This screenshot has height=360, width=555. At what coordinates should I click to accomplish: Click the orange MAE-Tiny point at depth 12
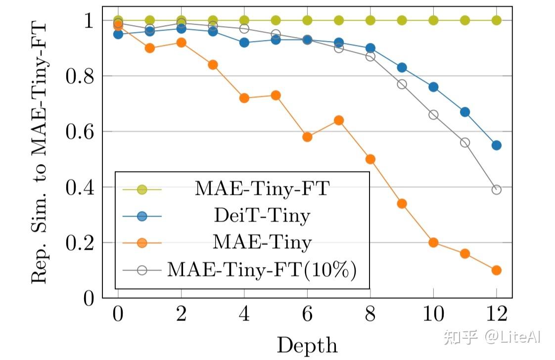coord(497,270)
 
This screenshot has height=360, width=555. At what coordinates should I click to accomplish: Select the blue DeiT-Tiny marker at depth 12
coord(497,145)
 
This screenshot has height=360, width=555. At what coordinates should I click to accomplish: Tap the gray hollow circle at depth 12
coord(497,190)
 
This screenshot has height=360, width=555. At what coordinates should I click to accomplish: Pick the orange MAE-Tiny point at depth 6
coord(307,137)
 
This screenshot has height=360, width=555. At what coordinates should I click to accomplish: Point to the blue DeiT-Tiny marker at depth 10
coord(433,87)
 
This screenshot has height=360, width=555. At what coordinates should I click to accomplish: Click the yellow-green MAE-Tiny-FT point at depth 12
coord(497,20)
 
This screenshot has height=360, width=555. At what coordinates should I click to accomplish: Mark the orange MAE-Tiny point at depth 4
coord(244,98)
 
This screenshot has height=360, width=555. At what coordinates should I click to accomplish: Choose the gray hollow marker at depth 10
coord(433,115)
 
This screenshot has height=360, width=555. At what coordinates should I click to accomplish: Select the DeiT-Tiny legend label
coord(262,216)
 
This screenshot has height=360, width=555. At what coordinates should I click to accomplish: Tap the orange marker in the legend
coord(142,243)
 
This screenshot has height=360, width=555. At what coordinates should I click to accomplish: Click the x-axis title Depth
coord(307,345)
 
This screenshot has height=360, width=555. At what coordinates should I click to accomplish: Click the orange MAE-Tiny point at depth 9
coord(402,204)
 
